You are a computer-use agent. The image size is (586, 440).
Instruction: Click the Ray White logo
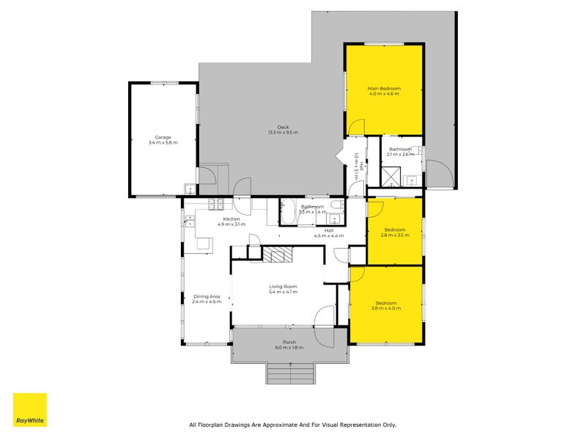(30, 410)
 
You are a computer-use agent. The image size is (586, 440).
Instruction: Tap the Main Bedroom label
(384, 89)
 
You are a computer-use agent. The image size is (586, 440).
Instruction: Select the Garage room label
(162, 137)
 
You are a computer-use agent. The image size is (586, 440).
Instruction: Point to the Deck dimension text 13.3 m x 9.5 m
(283, 133)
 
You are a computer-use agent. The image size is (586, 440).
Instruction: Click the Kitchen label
(231, 219)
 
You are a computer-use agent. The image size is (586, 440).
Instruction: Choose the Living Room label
(283, 287)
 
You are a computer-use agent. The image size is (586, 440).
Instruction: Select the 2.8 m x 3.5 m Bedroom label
(395, 230)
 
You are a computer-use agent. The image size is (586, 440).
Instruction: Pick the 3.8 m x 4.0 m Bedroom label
(386, 304)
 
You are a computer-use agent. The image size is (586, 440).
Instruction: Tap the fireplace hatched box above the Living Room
(278, 254)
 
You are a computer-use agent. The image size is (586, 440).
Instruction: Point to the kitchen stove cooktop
(217, 203)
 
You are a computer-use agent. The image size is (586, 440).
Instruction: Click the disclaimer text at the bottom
(292, 425)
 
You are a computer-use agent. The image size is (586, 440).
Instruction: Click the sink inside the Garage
(189, 186)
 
